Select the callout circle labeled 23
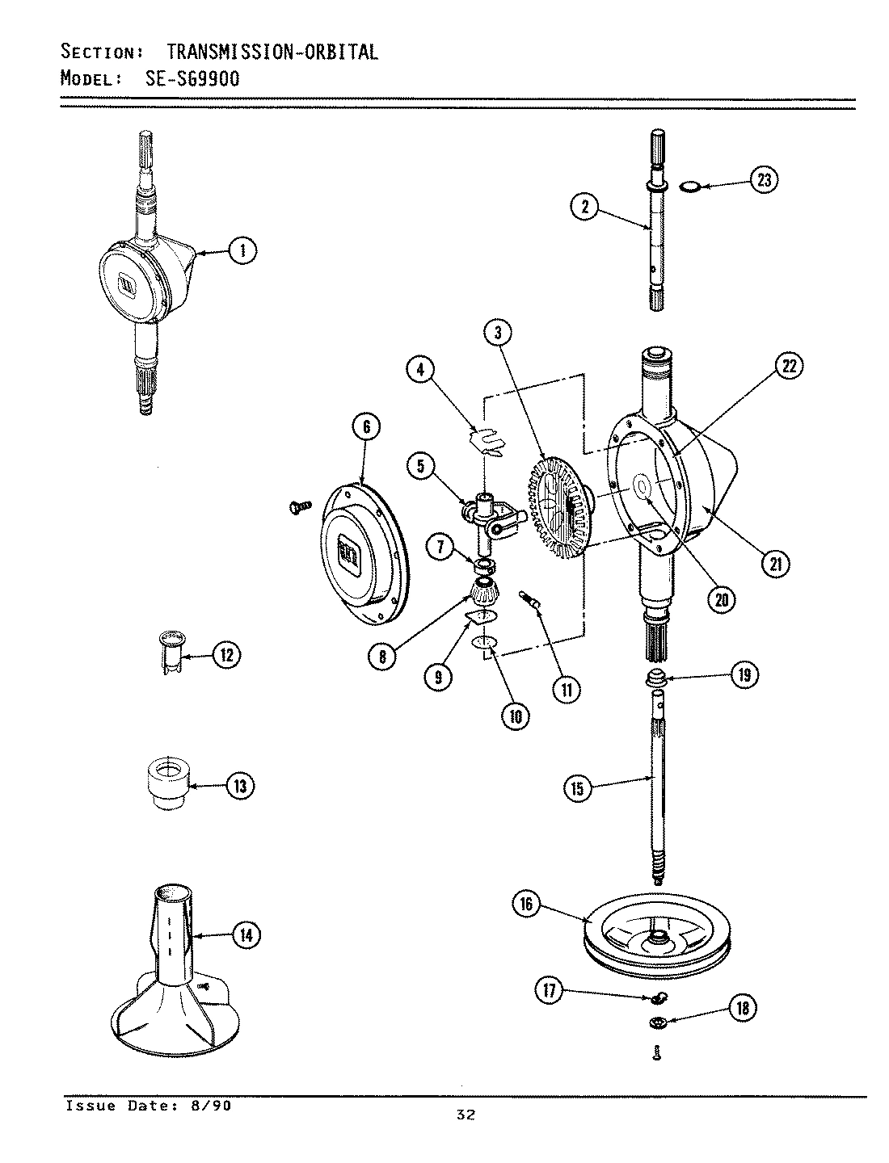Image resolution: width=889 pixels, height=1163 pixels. pos(762,179)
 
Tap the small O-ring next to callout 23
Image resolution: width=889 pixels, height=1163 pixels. pos(689,187)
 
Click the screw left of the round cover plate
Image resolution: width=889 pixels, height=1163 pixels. pos(297,506)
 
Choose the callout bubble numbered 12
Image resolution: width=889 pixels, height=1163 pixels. pos(225,655)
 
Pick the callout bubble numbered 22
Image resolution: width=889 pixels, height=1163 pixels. pos(788,367)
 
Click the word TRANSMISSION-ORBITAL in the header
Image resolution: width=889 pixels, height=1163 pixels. pos(272,52)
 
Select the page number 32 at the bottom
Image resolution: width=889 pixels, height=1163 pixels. pos(465,1115)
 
